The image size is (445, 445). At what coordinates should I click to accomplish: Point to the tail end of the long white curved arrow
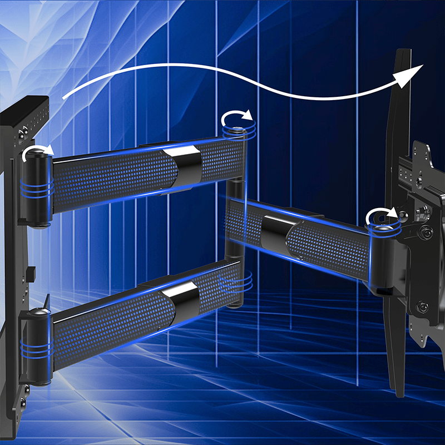point(65,98)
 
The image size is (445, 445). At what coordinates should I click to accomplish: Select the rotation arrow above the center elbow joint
point(238,118)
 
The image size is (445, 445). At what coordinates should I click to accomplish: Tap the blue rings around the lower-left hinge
point(36,349)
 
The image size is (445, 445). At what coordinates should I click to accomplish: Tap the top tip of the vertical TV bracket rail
point(403,53)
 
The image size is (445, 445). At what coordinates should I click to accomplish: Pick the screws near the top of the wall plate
point(22,134)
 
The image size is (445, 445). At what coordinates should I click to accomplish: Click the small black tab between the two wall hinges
point(30,273)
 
